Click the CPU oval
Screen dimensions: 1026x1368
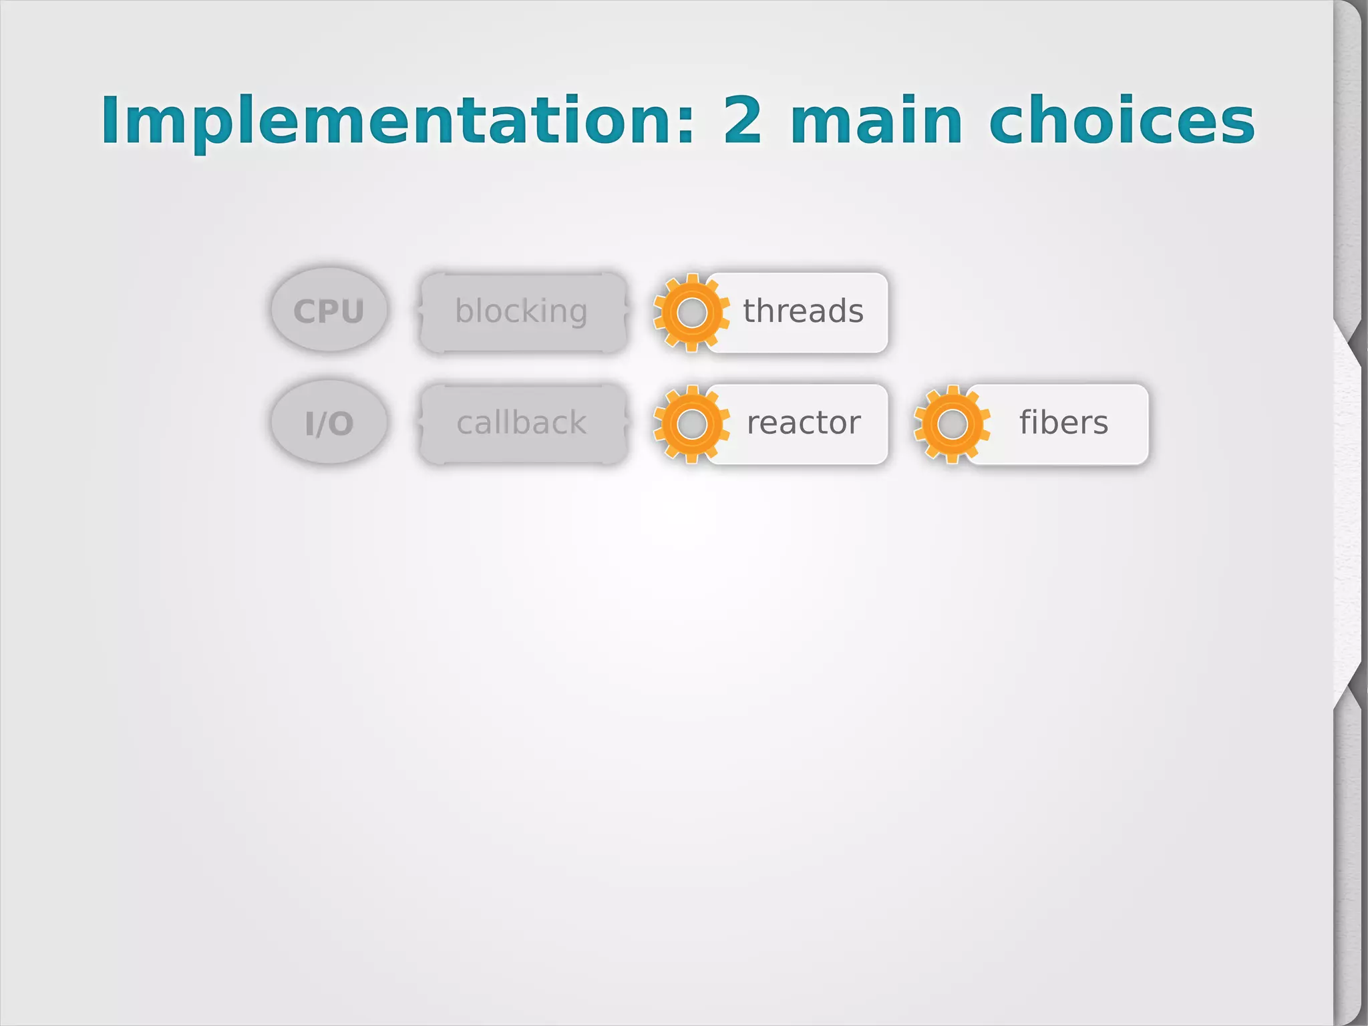point(329,311)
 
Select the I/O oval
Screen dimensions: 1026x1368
point(329,423)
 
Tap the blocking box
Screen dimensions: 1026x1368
point(522,311)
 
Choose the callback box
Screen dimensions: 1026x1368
point(522,423)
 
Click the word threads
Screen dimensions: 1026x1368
point(803,311)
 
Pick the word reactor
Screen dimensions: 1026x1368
point(804,423)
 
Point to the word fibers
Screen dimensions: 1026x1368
point(1063,423)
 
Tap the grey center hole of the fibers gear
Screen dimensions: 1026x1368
point(953,424)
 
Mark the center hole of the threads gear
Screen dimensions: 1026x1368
point(692,312)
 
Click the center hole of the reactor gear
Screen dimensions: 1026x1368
point(692,424)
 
